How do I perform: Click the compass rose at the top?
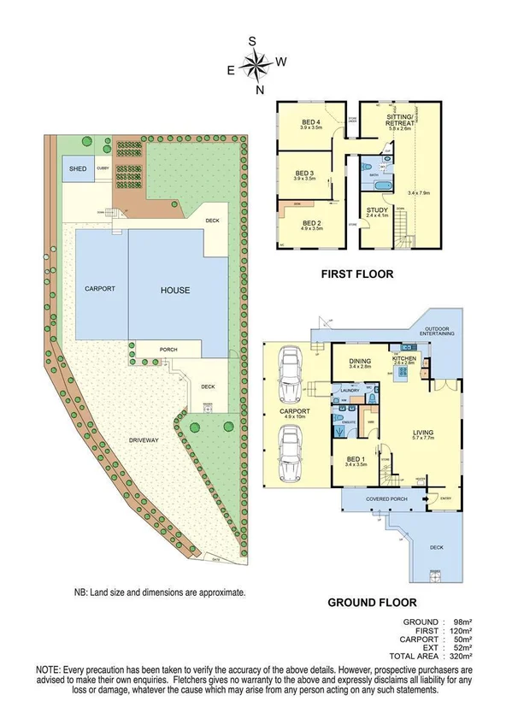pyautogui.click(x=255, y=63)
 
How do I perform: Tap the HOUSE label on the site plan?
pyautogui.click(x=175, y=291)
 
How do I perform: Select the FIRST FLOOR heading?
pyautogui.click(x=356, y=274)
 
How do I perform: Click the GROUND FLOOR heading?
pyautogui.click(x=373, y=602)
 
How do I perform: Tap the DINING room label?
pyautogui.click(x=360, y=362)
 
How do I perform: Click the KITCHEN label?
pyautogui.click(x=403, y=359)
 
